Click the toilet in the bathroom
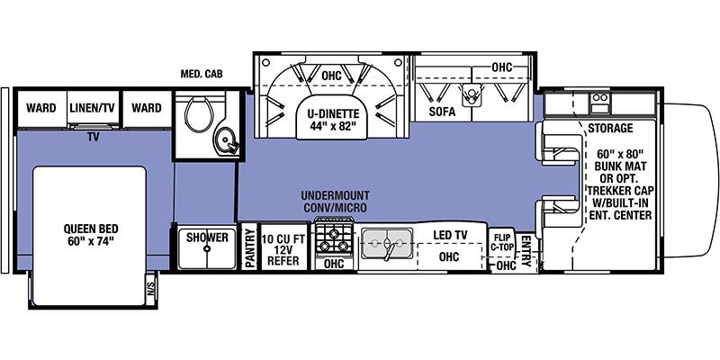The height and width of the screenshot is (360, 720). [199, 112]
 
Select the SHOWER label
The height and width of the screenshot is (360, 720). [207, 238]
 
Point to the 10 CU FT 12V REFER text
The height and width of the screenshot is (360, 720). [283, 250]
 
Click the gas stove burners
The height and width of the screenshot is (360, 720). [334, 239]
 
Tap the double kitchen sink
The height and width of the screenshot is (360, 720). [387, 243]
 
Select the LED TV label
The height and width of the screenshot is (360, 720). [450, 235]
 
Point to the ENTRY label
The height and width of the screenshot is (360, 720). [526, 251]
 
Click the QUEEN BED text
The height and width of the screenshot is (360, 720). [91, 235]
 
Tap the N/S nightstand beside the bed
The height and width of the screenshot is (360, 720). [150, 289]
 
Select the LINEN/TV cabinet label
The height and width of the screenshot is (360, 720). [93, 108]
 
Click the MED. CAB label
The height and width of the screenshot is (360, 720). [202, 74]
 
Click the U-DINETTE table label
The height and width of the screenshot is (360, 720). [334, 120]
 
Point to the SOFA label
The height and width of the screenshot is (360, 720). [443, 111]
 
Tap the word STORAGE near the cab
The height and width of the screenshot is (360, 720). [611, 128]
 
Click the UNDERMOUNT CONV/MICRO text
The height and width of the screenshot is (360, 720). [335, 202]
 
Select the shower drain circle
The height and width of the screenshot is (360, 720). [207, 249]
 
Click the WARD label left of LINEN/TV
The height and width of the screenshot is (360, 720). [40, 108]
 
